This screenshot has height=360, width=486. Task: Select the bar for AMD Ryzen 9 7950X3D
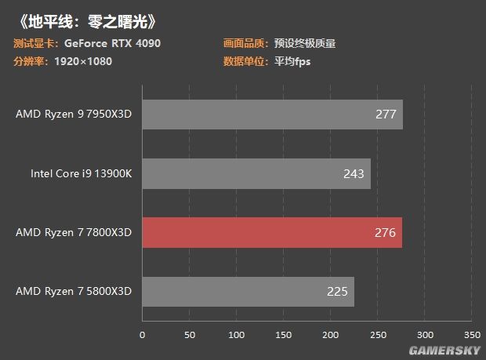click(x=271, y=115)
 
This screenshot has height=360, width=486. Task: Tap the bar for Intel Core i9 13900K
click(x=256, y=173)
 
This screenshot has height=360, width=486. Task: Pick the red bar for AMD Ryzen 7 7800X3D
click(x=271, y=232)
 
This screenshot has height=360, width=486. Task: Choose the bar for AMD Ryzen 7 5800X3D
click(x=248, y=292)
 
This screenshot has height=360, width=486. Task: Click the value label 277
click(x=386, y=115)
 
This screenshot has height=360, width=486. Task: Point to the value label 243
click(x=354, y=173)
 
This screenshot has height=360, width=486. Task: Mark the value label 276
click(x=385, y=232)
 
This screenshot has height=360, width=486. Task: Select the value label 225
click(x=337, y=292)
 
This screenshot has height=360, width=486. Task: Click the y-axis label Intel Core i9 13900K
click(x=76, y=173)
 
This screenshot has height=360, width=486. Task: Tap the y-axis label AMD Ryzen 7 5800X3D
click(x=74, y=292)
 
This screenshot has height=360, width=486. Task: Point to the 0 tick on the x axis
click(x=142, y=335)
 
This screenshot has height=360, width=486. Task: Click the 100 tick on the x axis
click(x=236, y=335)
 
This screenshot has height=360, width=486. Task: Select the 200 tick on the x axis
click(x=330, y=335)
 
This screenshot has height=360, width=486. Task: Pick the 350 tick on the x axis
click(x=472, y=335)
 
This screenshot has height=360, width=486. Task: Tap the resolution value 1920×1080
click(x=83, y=61)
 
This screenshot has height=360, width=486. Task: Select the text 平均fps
click(x=292, y=61)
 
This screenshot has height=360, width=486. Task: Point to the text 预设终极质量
click(x=305, y=44)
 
